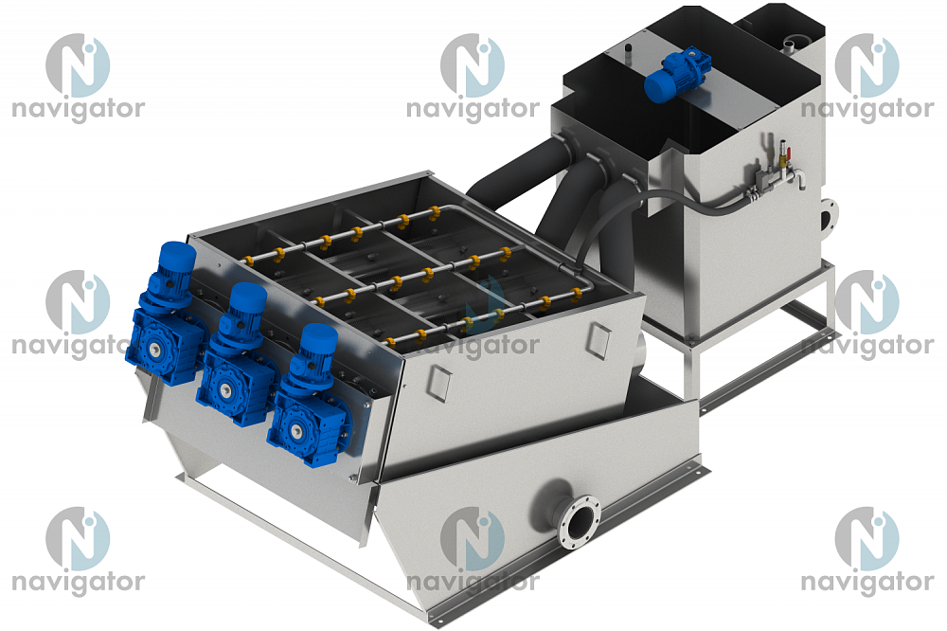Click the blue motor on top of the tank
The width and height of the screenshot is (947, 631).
[676, 75]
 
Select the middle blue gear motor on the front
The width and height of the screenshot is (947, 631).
[236, 355]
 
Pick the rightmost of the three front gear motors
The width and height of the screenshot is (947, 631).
[308, 396]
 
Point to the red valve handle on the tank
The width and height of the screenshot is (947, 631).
[783, 147]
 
